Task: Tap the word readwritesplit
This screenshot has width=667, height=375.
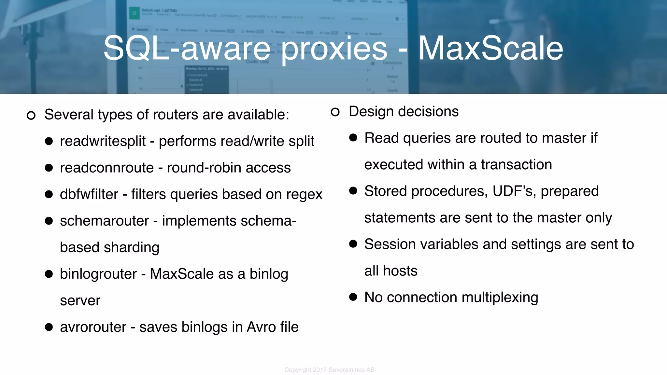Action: point(103,141)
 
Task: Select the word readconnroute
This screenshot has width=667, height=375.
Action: point(107,168)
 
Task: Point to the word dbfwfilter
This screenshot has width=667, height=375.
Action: point(89,194)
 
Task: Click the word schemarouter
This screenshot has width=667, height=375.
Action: point(104,221)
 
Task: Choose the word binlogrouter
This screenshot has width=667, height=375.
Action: point(98,274)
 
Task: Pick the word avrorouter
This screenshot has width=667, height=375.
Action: point(93,327)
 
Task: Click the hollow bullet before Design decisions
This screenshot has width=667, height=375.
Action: point(335,112)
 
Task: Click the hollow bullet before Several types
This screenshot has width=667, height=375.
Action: point(31,115)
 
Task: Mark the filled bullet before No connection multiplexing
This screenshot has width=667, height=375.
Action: point(353,297)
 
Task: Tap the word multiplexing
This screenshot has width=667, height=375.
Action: point(500,298)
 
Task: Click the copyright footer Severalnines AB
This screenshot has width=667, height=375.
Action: point(351,370)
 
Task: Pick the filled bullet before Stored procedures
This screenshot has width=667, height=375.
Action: point(353,191)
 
